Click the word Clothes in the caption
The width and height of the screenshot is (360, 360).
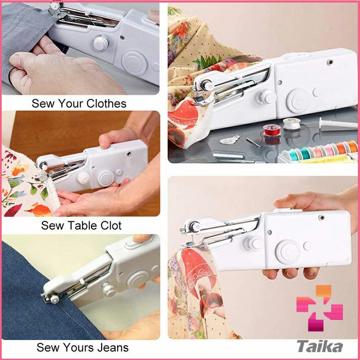pyautogui.click(x=106, y=103)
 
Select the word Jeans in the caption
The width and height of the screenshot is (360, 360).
pyautogui.click(x=113, y=347)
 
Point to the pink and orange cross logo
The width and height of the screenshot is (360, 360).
pyautogui.click(x=320, y=308)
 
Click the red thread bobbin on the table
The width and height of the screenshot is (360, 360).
pyautogui.click(x=271, y=130)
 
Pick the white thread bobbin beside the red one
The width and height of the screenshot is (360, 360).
pyautogui.click(x=291, y=124)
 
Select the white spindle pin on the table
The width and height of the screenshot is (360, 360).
pyautogui.click(x=338, y=124)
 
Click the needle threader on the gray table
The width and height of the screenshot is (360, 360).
pyautogui.click(x=230, y=140)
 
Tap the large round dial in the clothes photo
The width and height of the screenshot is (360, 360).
pyautogui.click(x=134, y=63)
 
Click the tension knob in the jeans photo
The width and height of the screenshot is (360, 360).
pyautogui.click(x=109, y=290)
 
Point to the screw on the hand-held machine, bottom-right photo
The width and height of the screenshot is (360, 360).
pyautogui.click(x=321, y=217)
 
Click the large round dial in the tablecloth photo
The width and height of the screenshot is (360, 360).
pyautogui.click(x=106, y=178)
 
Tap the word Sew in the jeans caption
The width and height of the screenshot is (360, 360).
pyautogui.click(x=47, y=347)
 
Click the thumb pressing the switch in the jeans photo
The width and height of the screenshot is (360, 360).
pyautogui.click(x=141, y=238)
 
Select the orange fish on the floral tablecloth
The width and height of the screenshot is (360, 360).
pyautogui.click(x=39, y=210)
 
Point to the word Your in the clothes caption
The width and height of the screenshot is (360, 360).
pyautogui.click(x=71, y=103)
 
